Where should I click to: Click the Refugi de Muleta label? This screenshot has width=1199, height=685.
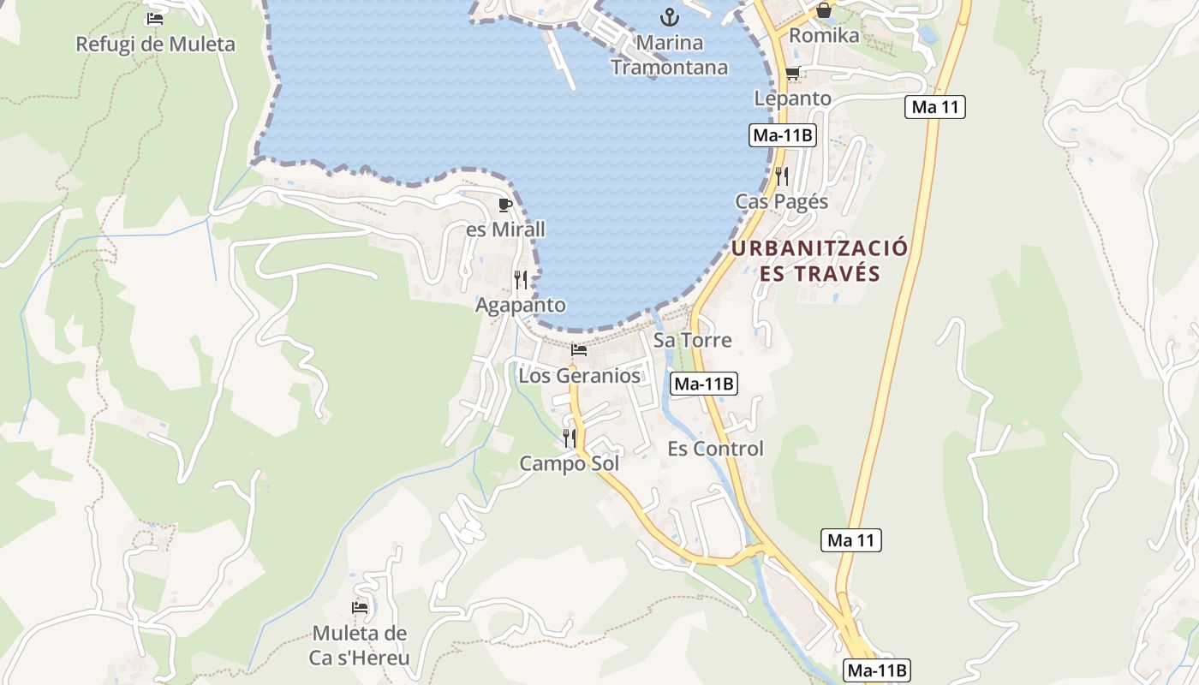point(155,44)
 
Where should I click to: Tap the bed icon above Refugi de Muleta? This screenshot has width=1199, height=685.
point(155,18)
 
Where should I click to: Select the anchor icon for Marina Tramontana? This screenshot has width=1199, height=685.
point(669,16)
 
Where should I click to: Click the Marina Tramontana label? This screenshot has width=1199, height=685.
point(669,55)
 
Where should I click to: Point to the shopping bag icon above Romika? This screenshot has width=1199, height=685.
point(823,10)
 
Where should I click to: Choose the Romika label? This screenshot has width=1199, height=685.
point(823,36)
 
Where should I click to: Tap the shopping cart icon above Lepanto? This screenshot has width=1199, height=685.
point(792,73)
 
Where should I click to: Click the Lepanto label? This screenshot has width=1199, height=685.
point(792,98)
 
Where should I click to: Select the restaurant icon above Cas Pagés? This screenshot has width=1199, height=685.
point(781,176)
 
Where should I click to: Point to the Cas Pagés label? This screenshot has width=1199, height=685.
point(781,202)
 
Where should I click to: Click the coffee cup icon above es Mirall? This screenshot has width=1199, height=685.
point(505,205)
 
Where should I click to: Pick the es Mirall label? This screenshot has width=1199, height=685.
point(505,230)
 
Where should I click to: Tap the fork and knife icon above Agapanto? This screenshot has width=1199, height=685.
point(521,280)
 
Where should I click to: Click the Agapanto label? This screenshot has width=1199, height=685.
point(521,306)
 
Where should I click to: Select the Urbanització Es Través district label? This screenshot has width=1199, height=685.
point(820,261)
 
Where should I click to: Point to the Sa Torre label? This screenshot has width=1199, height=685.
point(692,340)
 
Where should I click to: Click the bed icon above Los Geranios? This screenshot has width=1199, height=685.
point(579,350)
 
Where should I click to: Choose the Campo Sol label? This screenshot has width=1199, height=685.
point(569,464)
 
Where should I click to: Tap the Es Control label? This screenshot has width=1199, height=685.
point(715,450)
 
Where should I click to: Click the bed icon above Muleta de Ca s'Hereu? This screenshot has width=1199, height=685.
point(360,608)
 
